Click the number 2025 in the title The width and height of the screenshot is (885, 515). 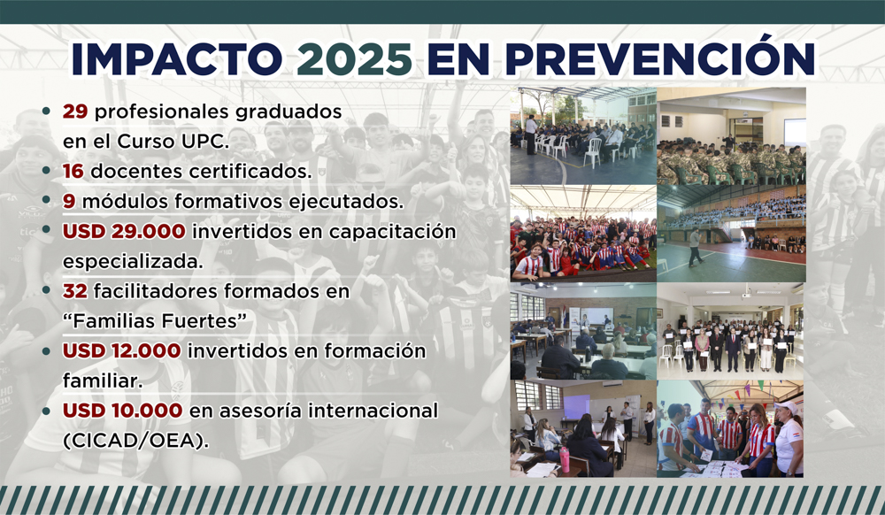tap(355, 58)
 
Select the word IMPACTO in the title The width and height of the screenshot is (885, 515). tap(177, 58)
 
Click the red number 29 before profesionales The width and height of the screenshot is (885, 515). tap(75, 111)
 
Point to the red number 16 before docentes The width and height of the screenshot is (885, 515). tap(73, 172)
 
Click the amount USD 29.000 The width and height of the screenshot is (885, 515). tap(124, 231)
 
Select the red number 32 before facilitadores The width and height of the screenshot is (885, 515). tap(75, 291)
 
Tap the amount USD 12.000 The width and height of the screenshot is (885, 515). tap(121, 350)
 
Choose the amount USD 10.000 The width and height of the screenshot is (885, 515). tap(122, 411)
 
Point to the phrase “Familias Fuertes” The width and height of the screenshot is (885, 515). tap(155, 321)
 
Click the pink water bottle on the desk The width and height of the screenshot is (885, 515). tap(564, 460)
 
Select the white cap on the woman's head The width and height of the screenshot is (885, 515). tap(786, 407)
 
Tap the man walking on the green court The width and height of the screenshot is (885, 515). tap(695, 247)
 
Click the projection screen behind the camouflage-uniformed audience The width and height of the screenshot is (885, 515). tap(795, 132)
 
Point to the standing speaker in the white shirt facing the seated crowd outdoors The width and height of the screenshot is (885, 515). tap(531, 135)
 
